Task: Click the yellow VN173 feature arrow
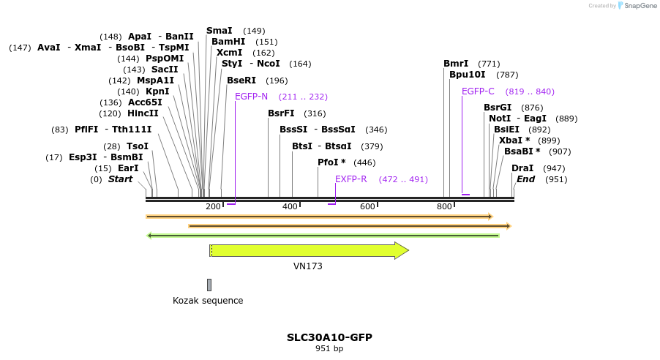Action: (307, 250)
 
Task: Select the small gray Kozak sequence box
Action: (209, 285)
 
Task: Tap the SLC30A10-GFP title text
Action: (329, 337)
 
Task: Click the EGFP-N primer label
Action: (251, 97)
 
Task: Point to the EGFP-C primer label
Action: (478, 91)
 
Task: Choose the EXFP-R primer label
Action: (350, 179)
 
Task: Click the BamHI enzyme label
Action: (228, 42)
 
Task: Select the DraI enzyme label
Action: (522, 168)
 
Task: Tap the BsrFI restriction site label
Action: (281, 113)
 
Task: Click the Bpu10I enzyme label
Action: (467, 75)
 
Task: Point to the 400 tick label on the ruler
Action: (290, 207)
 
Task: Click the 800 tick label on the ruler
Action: (444, 207)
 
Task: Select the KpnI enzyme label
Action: (157, 91)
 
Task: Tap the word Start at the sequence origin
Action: (121, 179)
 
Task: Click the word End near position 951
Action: (525, 179)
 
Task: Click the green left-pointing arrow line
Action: (322, 236)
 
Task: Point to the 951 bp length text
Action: (329, 348)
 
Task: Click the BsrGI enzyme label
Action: (498, 108)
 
